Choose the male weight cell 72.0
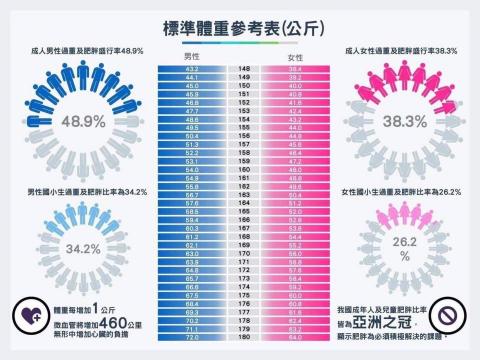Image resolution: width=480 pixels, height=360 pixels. [x=192, y=338]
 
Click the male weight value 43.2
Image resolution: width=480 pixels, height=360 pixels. [x=192, y=69]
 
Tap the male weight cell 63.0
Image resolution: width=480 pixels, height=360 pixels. [x=192, y=254]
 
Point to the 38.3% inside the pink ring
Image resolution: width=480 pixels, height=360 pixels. [x=397, y=121]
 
